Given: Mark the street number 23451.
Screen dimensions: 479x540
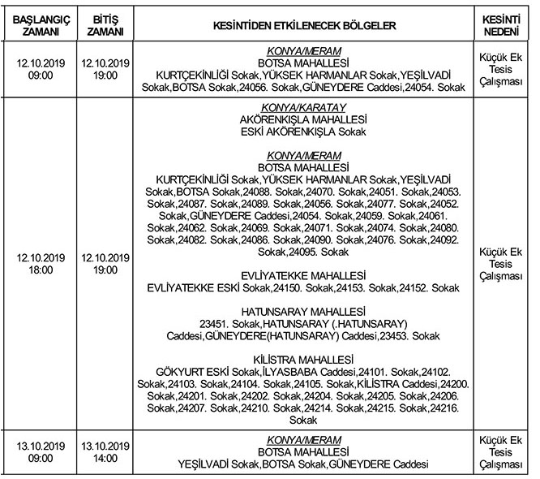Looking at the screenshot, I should tap(222, 323).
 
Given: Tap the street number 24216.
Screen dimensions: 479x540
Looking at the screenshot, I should tap(441, 408).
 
